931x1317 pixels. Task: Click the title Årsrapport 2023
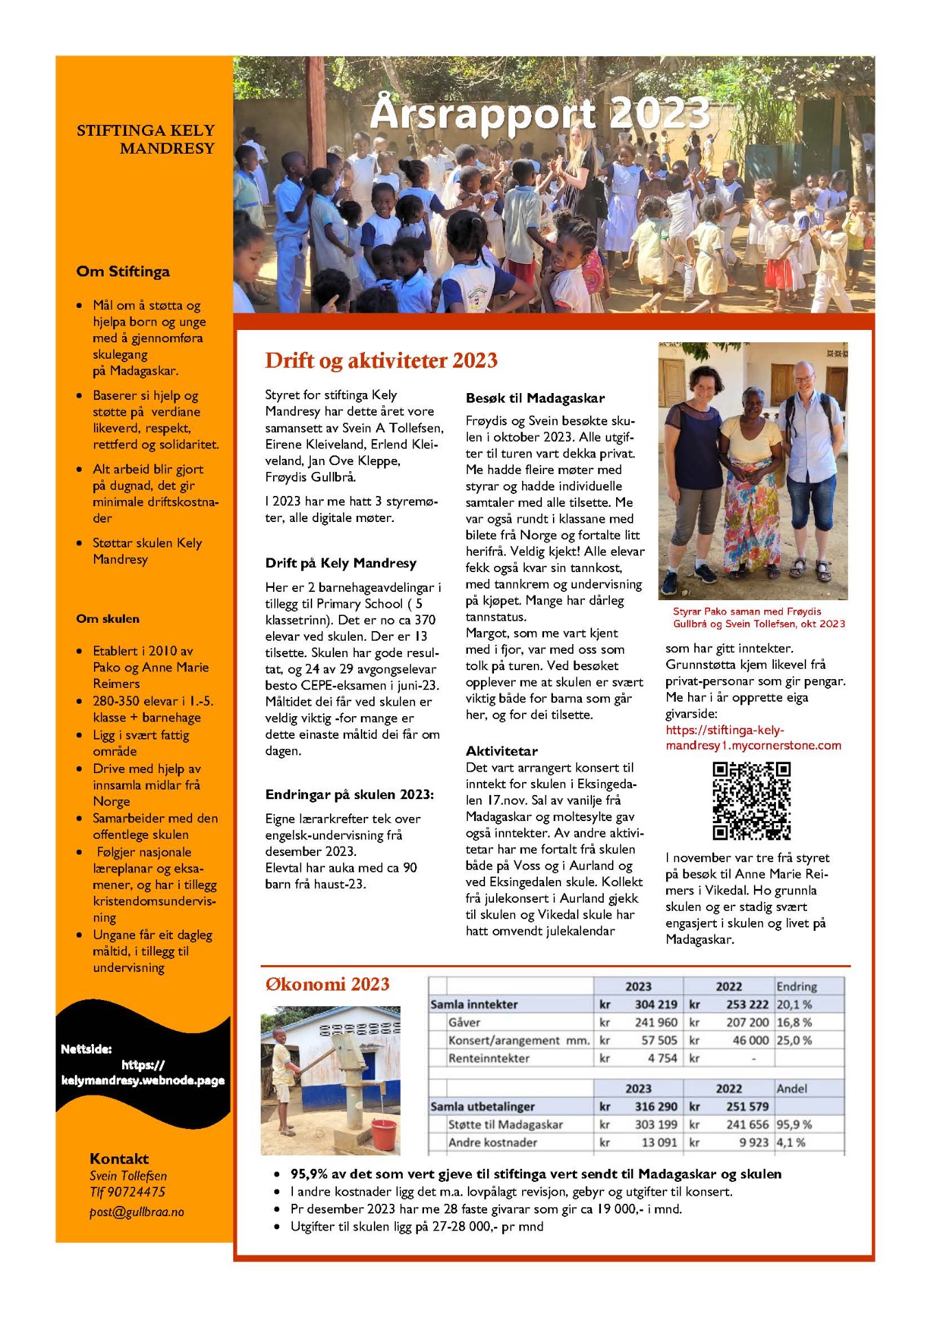540,114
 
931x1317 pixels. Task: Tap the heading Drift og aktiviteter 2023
381,361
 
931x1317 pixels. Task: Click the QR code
751,800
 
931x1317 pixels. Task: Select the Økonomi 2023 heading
327,984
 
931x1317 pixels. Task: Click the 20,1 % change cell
794,1004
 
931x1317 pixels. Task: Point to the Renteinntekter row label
488,1058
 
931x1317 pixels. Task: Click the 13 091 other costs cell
658,1142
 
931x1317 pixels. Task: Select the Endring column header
796,986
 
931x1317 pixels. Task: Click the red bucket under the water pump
383,1134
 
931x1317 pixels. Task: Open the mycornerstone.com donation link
753,737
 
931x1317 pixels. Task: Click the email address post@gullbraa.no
137,1212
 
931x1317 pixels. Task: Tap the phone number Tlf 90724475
128,1192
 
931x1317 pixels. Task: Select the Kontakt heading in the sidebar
119,1159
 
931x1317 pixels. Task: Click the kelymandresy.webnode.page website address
143,1080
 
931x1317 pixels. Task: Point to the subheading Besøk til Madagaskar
535,398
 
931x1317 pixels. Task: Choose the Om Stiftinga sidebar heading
123,272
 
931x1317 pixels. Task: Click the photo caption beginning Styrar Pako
758,617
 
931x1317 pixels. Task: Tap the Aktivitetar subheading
502,750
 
